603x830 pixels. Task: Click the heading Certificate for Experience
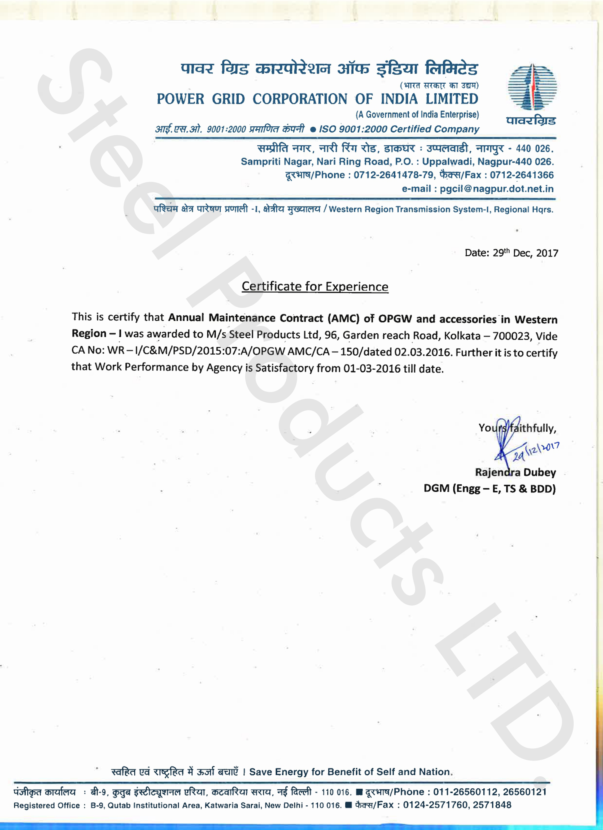point(315,286)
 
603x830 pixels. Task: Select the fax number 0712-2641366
point(522,175)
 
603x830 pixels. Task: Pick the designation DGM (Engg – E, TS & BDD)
point(489,489)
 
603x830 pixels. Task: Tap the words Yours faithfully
point(517,428)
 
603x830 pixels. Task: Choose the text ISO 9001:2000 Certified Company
point(399,129)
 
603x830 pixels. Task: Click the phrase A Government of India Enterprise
point(417,115)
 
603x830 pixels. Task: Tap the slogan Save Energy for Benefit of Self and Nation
point(351,772)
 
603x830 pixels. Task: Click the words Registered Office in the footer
point(47,805)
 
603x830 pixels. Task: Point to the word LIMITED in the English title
point(452,99)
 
